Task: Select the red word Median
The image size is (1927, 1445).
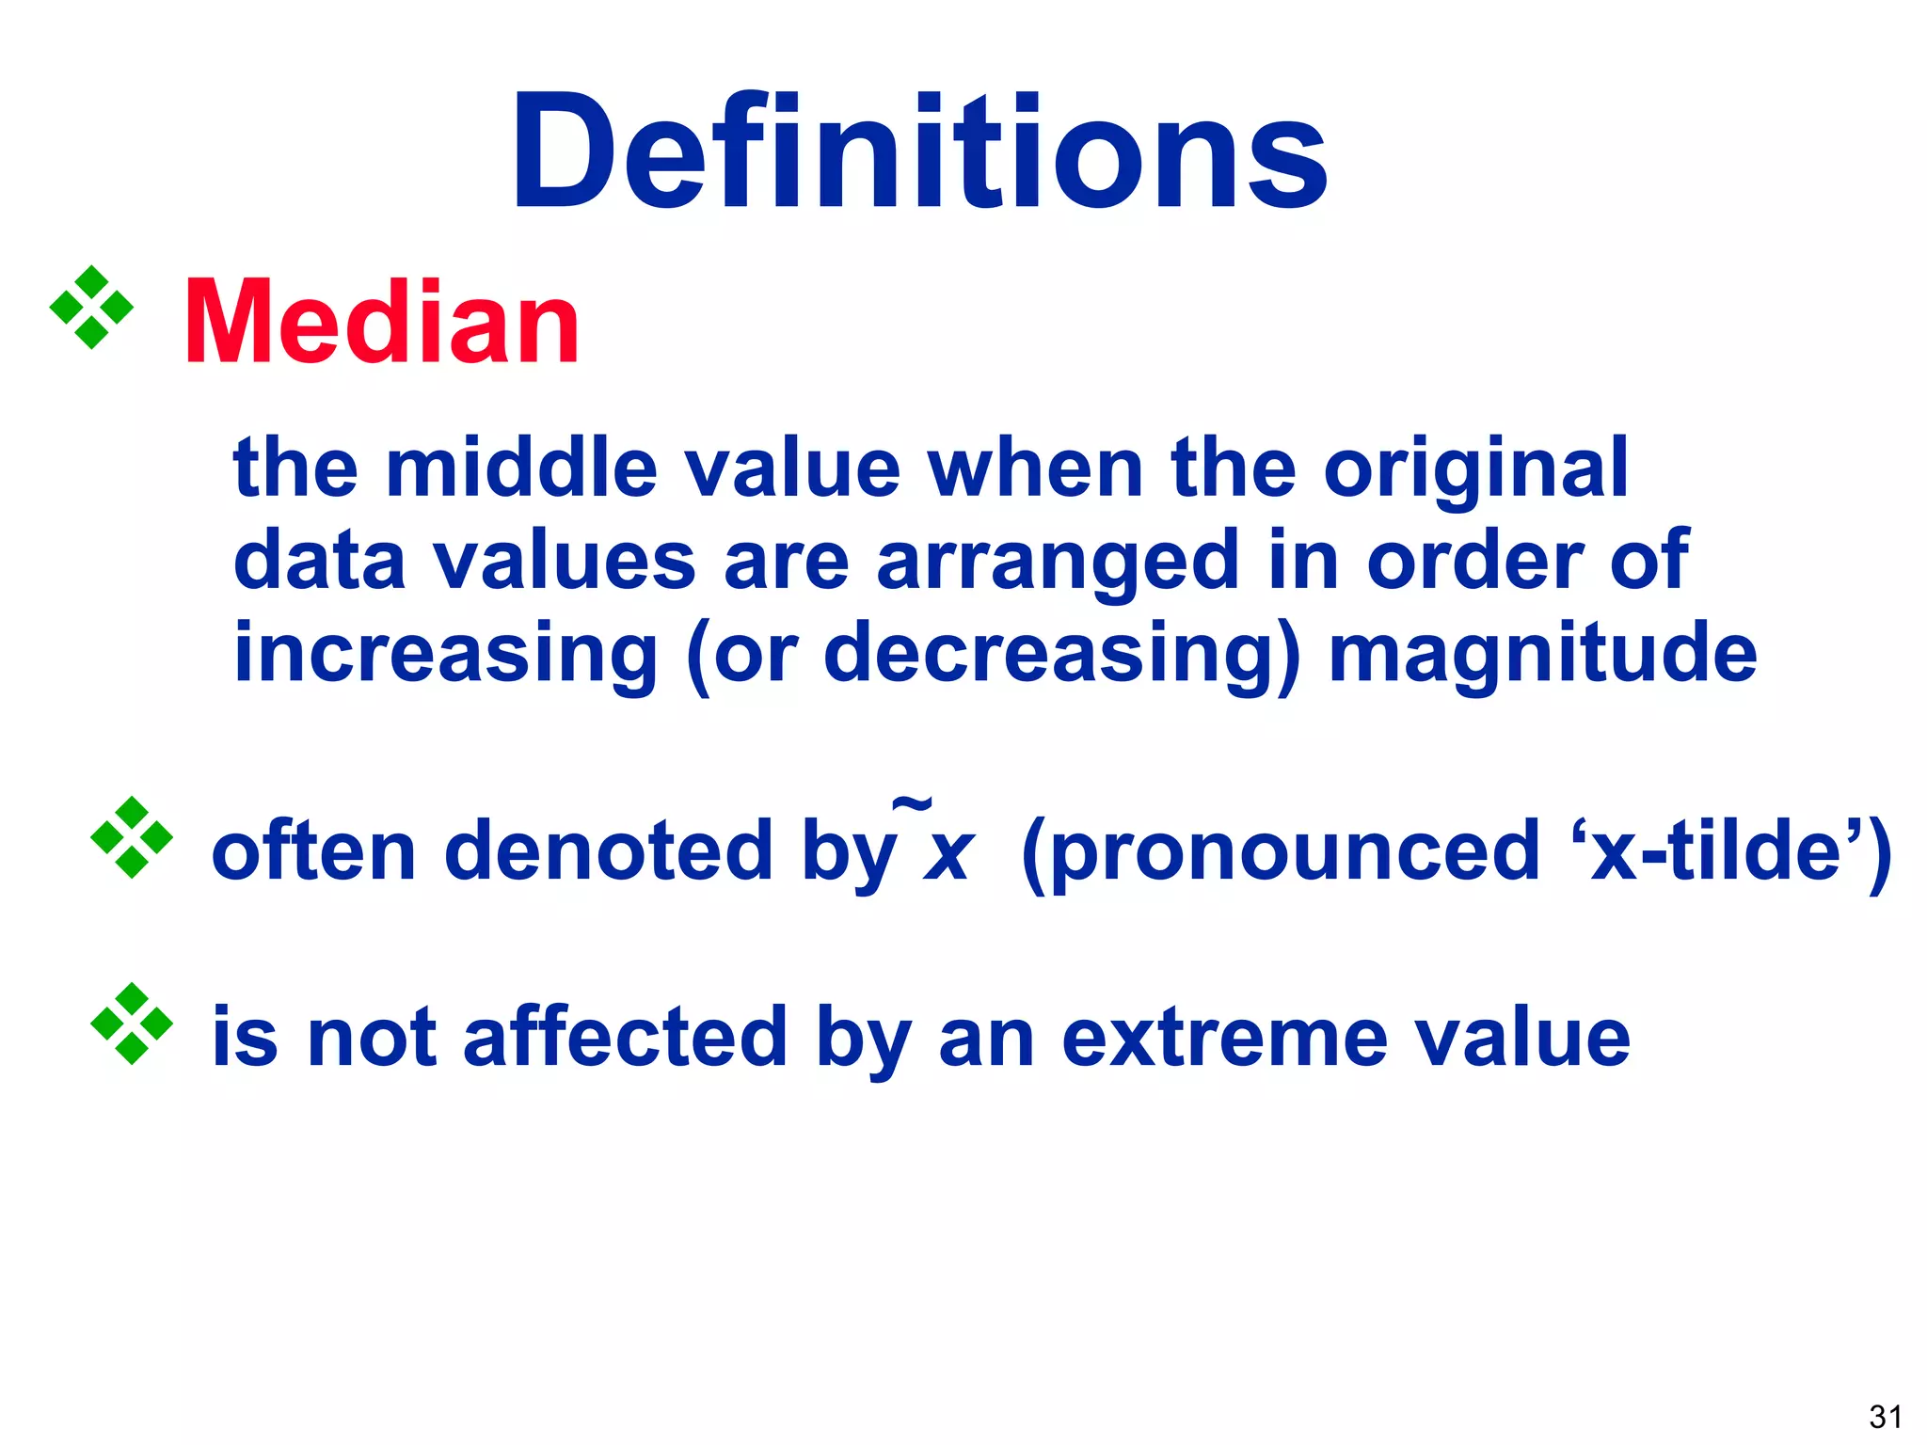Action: (381, 324)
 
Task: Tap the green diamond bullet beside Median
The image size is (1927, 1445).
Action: (91, 308)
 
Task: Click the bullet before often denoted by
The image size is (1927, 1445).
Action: (132, 837)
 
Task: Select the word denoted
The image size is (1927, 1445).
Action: (608, 850)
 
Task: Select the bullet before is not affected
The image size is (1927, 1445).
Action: (132, 1024)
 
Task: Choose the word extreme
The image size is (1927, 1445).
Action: (1224, 1039)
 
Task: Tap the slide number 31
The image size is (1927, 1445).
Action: (1885, 1417)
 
